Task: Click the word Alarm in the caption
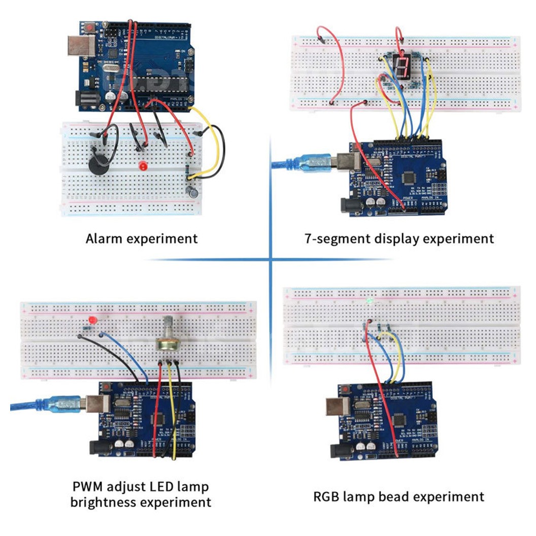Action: [x=105, y=238]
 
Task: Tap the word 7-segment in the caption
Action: [x=336, y=238]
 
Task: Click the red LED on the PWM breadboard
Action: [x=92, y=321]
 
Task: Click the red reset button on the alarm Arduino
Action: [x=90, y=26]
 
